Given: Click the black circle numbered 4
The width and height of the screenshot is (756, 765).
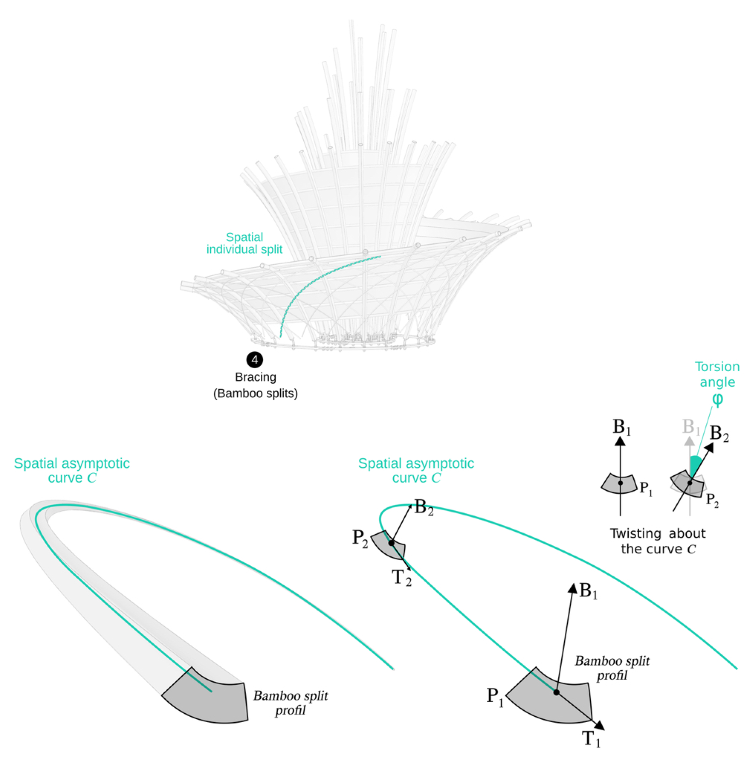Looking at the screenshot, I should pos(254,360).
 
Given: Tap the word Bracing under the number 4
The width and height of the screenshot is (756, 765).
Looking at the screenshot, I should pos(255,377).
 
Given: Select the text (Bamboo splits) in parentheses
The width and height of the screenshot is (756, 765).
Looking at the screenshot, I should pos(255,393).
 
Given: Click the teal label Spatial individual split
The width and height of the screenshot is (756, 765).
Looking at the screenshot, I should pos(244,243).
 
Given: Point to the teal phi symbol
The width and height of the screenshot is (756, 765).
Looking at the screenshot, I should pos(717,399).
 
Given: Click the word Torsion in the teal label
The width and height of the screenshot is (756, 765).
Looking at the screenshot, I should pos(717,367).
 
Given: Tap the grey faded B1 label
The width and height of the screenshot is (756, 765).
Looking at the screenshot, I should pos(690,426).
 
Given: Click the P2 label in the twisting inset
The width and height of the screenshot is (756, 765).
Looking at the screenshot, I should pos(712,500).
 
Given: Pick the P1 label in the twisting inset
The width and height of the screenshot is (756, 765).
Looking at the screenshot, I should pos(646,489).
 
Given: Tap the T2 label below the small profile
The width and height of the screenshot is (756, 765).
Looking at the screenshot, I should pos(401,578).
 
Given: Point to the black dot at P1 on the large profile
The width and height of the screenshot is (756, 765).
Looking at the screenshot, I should pos(556,692).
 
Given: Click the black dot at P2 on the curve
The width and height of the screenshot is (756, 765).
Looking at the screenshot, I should pos(391,542).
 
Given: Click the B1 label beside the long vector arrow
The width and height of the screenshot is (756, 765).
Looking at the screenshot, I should pos(588,591).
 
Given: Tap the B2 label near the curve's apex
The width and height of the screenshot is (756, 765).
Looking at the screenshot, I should pos(424,507).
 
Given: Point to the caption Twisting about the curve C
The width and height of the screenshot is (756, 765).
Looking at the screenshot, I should pos(657,541).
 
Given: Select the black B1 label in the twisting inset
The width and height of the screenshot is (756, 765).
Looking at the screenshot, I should pos(622,427).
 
